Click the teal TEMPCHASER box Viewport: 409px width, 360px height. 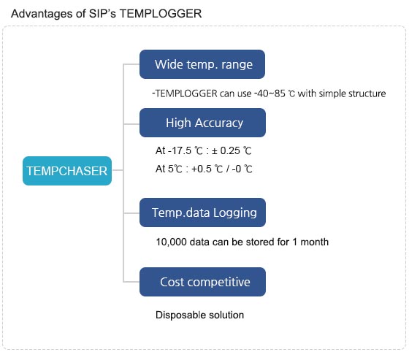point(67,171)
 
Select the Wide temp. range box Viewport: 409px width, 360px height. point(202,64)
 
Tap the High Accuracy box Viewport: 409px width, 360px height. point(203,123)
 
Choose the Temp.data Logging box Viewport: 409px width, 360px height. point(203,212)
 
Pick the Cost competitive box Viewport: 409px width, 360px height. point(203,282)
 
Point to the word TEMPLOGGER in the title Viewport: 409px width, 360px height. point(161,14)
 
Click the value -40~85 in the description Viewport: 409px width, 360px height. point(270,93)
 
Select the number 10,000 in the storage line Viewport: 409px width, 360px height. point(171,242)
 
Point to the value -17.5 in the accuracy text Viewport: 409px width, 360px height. point(180,150)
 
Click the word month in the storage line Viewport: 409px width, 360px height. point(314,242)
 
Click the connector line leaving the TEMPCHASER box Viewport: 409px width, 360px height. point(118,170)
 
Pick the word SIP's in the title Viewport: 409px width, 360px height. point(102,14)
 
